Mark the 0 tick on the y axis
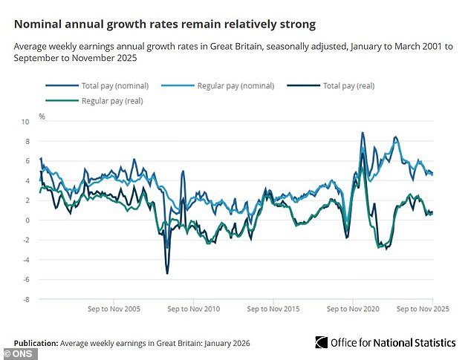pyautogui.click(x=28, y=220)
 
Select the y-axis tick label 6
pyautogui.click(x=28, y=161)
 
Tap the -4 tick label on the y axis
pyautogui.click(x=27, y=260)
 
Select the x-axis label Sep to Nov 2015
pyautogui.click(x=273, y=308)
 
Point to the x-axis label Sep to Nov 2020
pyautogui.click(x=353, y=308)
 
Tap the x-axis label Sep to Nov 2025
pyautogui.click(x=421, y=308)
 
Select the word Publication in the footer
pyautogui.click(x=35, y=344)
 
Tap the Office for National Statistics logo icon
pyautogui.click(x=321, y=342)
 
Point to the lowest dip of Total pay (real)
pyautogui.click(x=167, y=273)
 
